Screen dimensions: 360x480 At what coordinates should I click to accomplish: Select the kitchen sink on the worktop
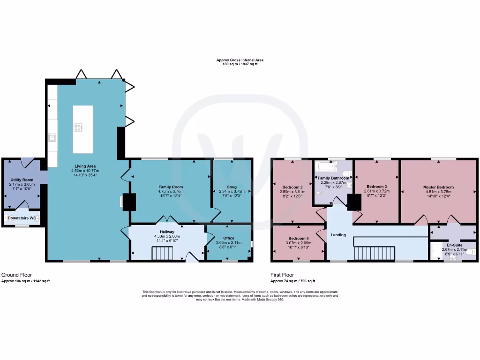(x=52, y=137)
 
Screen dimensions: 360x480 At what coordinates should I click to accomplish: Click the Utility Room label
(x=22, y=180)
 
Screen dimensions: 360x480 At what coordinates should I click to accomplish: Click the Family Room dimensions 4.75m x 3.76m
(x=171, y=191)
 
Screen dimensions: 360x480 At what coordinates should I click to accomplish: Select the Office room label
(x=228, y=238)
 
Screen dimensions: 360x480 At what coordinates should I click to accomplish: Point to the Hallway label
(x=167, y=232)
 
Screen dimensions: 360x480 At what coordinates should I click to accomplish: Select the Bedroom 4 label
(x=299, y=238)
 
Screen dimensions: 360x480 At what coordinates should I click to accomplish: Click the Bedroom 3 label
(x=376, y=187)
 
